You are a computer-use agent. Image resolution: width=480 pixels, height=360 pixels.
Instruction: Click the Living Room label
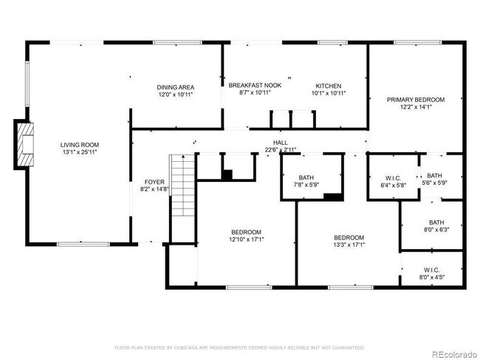79,144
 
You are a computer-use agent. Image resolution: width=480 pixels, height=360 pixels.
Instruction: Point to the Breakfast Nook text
255,86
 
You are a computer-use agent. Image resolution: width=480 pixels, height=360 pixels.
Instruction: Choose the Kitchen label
328,86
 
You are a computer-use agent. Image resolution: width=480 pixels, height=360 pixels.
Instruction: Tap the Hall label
280,142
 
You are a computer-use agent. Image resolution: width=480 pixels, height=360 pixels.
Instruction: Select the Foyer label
154,181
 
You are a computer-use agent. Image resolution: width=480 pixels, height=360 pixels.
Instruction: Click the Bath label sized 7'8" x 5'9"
306,177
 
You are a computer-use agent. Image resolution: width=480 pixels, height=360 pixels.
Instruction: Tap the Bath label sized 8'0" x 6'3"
436,222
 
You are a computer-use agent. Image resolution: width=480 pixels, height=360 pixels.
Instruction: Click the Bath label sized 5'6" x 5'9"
433,175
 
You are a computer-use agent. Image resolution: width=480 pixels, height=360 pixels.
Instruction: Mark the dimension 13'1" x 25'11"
79,152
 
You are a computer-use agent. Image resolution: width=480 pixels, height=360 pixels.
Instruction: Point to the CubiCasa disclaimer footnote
239,347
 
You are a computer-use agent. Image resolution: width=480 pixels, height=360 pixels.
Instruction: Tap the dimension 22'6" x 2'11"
280,149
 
